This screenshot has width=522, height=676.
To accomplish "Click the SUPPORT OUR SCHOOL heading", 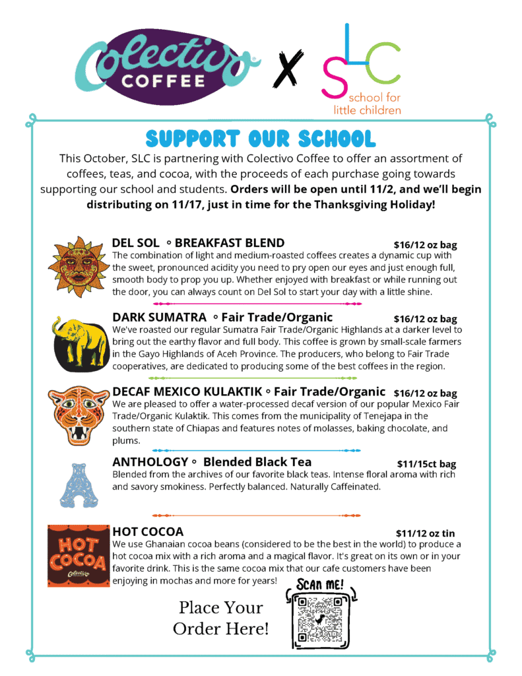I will (261, 138).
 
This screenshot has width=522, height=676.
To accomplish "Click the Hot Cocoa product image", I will (77, 555).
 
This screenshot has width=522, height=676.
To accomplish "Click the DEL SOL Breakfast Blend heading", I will (198, 243).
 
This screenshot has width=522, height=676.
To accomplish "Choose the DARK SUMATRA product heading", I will (222, 318).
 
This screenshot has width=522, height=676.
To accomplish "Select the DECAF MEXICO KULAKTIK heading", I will (249, 391).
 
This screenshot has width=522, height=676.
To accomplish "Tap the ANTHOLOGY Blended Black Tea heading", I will (212, 462).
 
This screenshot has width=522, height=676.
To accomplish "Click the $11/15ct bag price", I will (426, 464).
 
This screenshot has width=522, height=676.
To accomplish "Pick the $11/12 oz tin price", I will (425, 533).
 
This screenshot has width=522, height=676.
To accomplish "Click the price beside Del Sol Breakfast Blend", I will (425, 245).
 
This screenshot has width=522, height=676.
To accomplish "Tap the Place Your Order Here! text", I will (220, 618).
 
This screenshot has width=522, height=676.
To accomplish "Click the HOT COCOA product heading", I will (148, 531).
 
